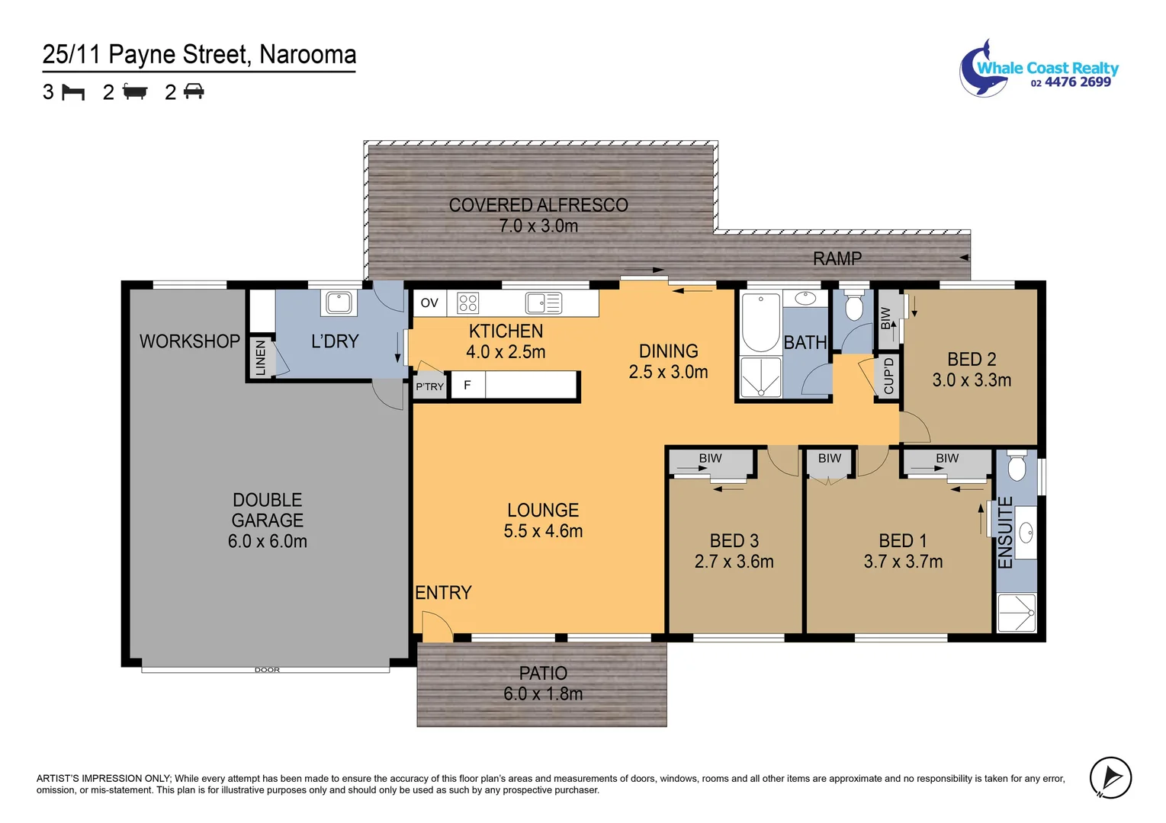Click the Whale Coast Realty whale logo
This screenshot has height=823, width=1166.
point(983,69)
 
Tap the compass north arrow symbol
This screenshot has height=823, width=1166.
point(1110,778)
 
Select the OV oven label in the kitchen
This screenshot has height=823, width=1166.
point(429,303)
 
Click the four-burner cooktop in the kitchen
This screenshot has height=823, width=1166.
point(467,303)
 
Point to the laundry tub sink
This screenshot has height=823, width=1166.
point(339,303)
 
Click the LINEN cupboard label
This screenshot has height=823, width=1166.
point(261,357)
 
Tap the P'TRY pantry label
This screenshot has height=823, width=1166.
point(430,386)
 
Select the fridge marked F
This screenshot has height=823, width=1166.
point(467,385)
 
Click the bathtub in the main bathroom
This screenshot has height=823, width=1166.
point(760,322)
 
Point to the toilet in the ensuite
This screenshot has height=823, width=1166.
point(1017,466)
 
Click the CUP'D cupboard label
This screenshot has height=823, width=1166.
point(888,376)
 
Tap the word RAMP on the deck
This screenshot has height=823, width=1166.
point(837,258)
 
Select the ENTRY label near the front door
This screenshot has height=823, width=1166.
point(444,593)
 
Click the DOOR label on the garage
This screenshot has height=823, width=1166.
point(267,670)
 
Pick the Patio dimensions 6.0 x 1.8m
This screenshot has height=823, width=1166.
point(543,694)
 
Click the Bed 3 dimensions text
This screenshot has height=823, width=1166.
point(734,562)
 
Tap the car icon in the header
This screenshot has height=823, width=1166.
point(194,91)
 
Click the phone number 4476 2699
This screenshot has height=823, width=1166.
point(1078,82)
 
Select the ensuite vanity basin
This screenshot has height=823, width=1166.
point(1026,533)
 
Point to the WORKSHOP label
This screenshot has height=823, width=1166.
point(189,341)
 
